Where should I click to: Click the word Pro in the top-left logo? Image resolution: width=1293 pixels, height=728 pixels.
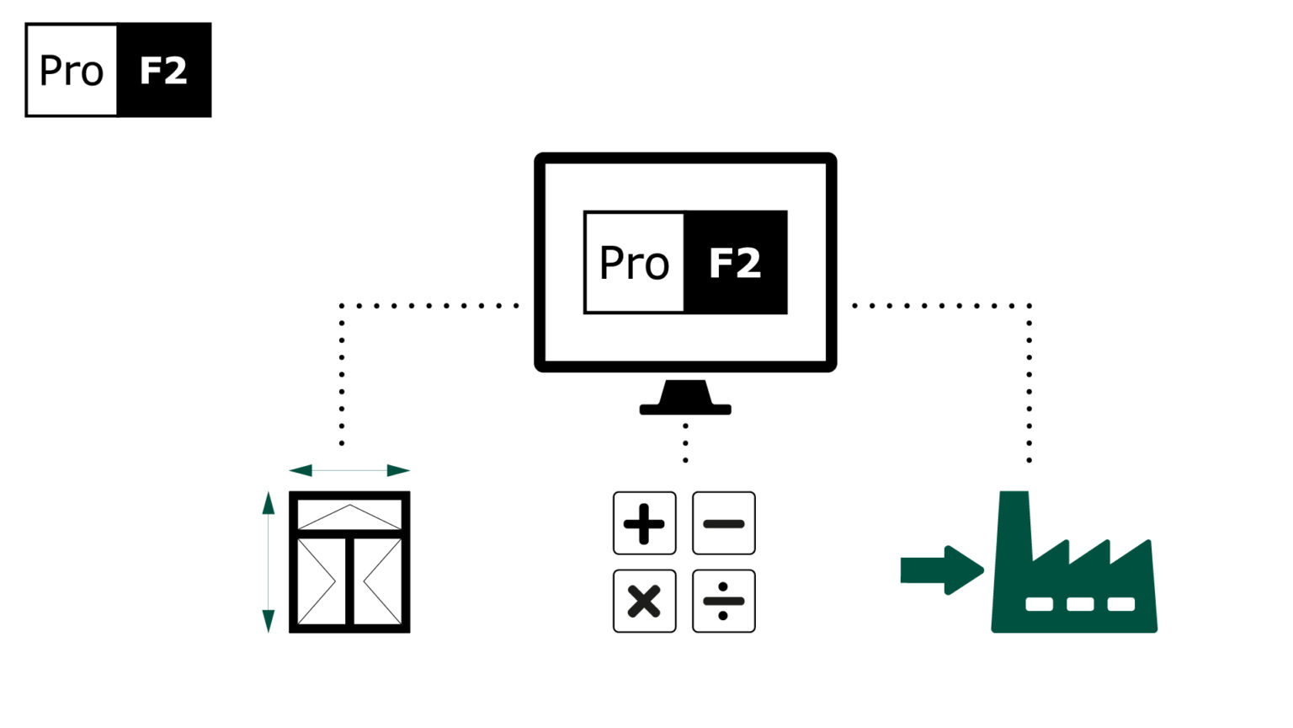(x=72, y=71)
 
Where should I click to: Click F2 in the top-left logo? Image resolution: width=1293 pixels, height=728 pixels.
(x=163, y=71)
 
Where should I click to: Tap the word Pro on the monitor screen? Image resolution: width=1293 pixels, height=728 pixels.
(x=634, y=263)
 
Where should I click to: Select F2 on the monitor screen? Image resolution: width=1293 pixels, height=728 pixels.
(x=735, y=263)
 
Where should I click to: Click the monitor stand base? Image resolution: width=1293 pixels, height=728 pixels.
(x=685, y=409)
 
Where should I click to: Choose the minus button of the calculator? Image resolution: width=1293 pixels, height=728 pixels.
(x=723, y=523)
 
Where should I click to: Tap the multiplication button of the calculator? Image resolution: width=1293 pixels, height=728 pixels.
(x=644, y=602)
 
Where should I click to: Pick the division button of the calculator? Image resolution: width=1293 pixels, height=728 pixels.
(x=723, y=602)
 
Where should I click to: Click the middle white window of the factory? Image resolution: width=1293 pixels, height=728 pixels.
(x=1080, y=604)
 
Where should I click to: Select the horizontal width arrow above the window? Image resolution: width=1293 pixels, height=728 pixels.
(x=349, y=470)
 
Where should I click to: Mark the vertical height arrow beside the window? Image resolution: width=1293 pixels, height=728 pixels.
(x=269, y=562)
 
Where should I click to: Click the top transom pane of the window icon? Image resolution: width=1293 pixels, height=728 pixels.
(x=349, y=515)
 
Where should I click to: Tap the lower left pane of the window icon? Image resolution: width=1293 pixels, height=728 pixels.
(x=321, y=581)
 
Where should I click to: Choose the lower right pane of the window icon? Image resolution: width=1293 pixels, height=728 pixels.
(x=378, y=581)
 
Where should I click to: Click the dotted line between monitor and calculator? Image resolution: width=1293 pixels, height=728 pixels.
(x=685, y=442)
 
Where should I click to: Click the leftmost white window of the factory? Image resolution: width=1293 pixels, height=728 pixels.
(x=1039, y=604)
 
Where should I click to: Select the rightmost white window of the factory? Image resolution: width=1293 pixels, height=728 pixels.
(x=1120, y=604)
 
